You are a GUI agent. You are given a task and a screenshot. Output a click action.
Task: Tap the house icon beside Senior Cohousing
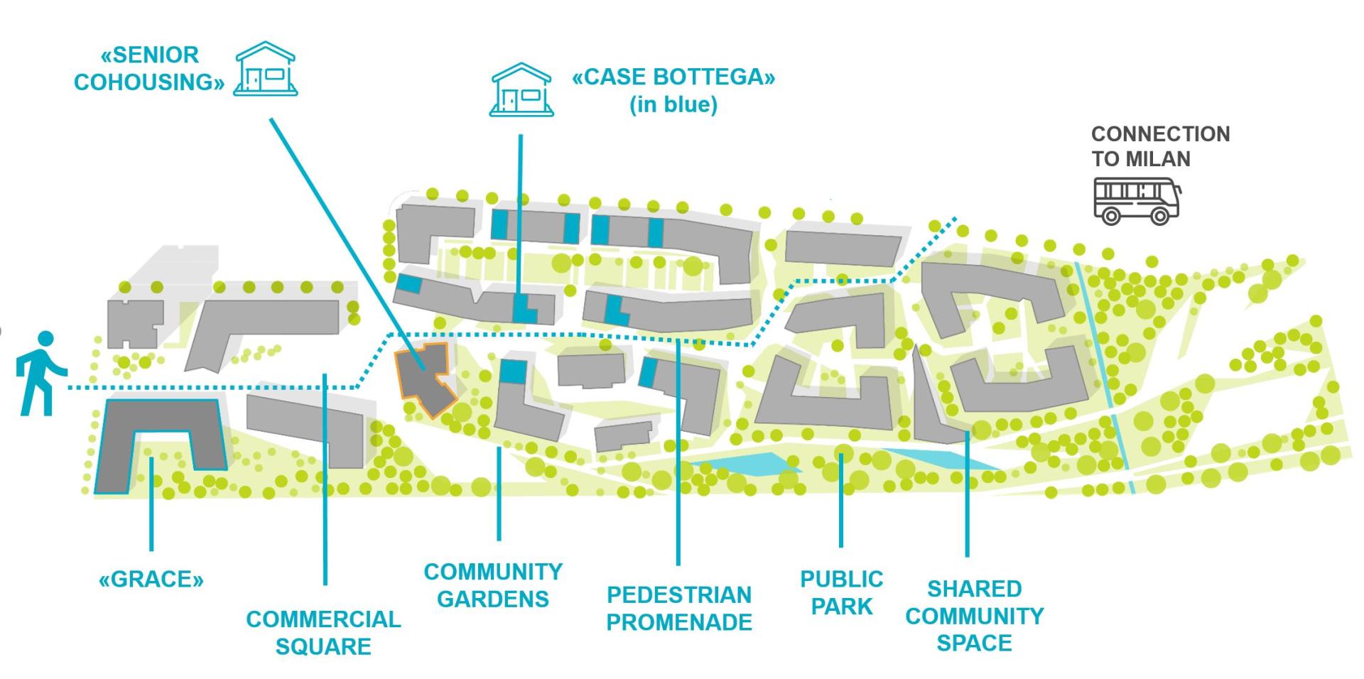click(266, 68)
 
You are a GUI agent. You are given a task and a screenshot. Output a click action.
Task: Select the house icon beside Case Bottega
click(521, 89)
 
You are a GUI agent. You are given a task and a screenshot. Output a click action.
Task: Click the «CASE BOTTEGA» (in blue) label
click(673, 90)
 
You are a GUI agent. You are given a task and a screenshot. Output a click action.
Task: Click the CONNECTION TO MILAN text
click(1160, 146)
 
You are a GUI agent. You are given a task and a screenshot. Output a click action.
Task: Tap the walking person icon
click(40, 372)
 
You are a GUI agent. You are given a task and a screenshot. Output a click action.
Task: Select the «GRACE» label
click(151, 580)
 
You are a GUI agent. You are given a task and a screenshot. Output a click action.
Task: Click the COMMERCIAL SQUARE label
click(323, 633)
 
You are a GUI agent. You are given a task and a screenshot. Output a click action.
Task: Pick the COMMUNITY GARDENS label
click(493, 585)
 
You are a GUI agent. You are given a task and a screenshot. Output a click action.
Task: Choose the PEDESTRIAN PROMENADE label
click(679, 608)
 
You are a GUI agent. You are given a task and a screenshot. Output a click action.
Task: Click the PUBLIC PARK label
click(842, 592)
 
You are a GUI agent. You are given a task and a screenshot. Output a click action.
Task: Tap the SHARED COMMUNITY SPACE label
click(974, 616)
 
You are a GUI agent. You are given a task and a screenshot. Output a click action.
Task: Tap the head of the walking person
click(45, 339)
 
